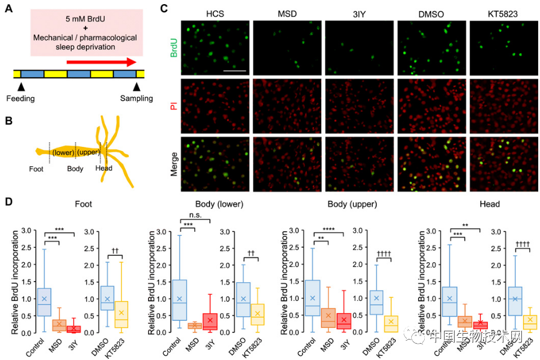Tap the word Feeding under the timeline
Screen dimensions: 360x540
[20, 98]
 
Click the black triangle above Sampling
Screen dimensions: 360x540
[136, 87]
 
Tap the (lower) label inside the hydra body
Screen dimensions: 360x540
[63, 152]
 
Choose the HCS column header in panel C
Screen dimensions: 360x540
[215, 13]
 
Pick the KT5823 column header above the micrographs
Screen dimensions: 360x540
[504, 13]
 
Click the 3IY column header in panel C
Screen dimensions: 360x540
[359, 13]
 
